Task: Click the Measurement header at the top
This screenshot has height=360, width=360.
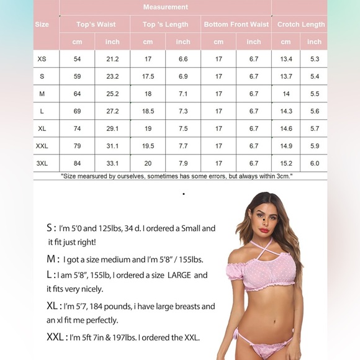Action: (165, 7)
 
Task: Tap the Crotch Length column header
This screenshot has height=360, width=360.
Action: (301, 25)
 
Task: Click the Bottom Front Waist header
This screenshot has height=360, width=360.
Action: (236, 25)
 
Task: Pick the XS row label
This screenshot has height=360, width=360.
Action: (42, 60)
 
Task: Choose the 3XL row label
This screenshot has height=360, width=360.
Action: (42, 164)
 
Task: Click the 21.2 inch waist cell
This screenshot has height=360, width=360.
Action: (112, 60)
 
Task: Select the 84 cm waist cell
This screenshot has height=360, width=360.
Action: (77, 164)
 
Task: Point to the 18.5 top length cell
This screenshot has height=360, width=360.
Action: (148, 112)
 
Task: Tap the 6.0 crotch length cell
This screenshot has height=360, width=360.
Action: (315, 164)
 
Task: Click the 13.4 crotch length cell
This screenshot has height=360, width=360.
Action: (286, 60)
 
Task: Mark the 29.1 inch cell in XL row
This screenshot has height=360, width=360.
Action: (112, 129)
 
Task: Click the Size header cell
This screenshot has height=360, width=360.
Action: (42, 25)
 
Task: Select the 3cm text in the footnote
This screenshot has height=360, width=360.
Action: (283, 176)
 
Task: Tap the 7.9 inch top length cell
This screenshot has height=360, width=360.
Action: (183, 164)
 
